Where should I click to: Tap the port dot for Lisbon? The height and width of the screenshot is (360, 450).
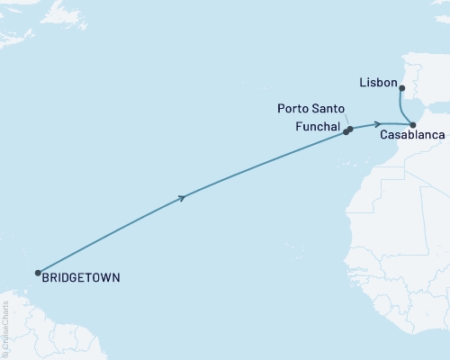(401, 88)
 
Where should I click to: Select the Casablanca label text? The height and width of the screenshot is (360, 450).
(411, 135)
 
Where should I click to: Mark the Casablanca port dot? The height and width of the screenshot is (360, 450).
(412, 124)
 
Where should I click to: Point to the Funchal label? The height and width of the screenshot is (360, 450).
(317, 128)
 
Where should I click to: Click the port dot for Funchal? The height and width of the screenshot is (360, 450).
(346, 132)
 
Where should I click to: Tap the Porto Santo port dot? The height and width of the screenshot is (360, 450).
(350, 129)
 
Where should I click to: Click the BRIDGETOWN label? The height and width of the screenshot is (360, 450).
(81, 278)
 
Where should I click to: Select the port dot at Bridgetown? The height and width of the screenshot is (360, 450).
(38, 273)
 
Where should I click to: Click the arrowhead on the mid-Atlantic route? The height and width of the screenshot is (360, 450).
(184, 197)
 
